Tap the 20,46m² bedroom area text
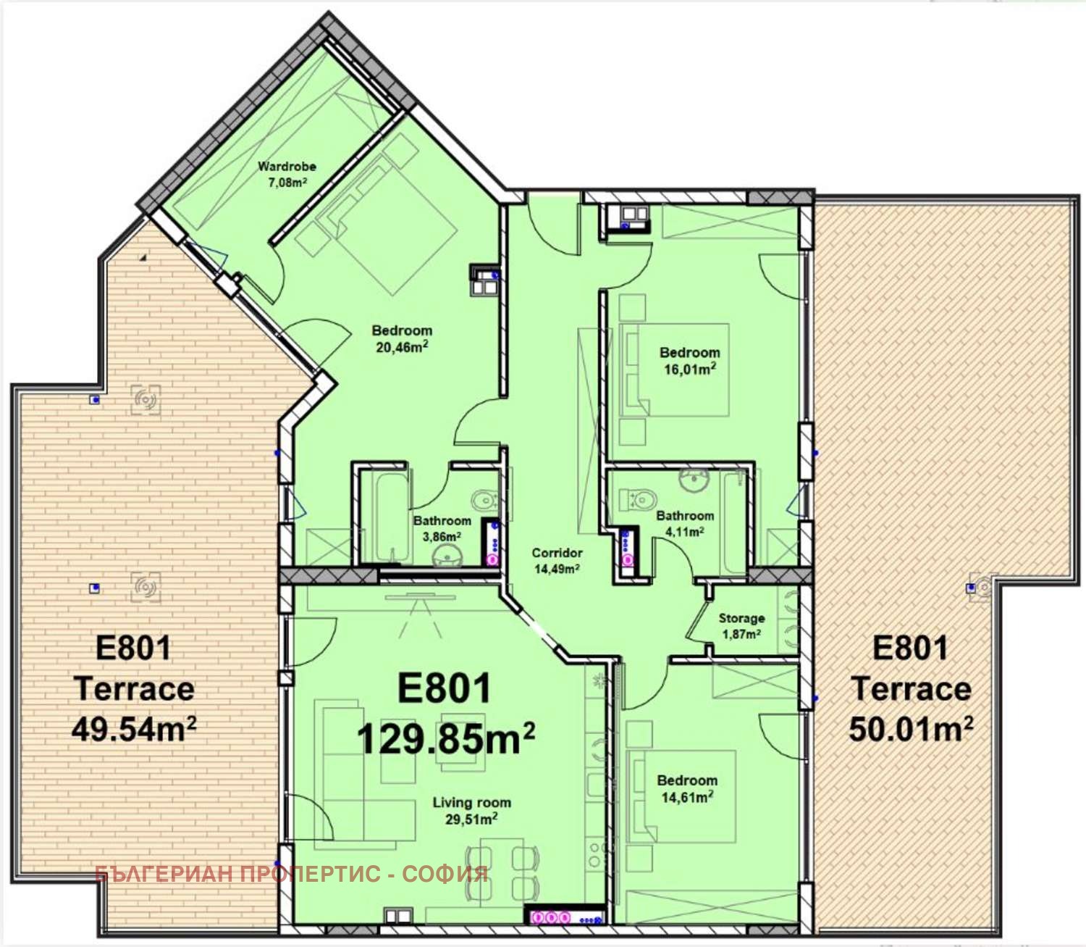click(x=402, y=347)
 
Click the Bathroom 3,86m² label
click(x=442, y=529)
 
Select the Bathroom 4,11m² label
click(x=685, y=523)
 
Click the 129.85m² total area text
click(x=446, y=740)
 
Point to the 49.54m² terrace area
click(x=134, y=729)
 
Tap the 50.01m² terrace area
click(x=910, y=729)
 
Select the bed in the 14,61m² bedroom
click(x=684, y=797)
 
